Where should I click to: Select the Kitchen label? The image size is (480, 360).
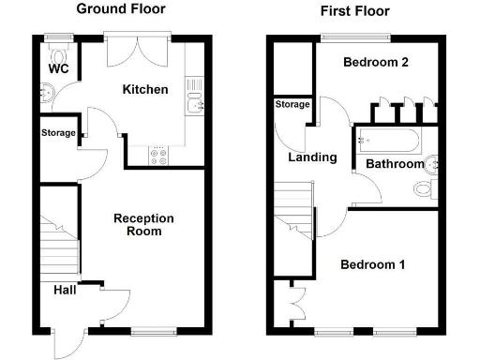145,90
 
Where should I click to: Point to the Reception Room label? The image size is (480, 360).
143,224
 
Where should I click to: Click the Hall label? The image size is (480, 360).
65,289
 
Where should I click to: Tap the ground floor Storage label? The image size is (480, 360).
58,133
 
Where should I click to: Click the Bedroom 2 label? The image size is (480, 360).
376,63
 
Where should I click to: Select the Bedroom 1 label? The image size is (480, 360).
372,264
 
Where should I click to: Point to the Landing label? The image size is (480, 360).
312,157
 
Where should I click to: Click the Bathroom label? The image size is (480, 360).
395,164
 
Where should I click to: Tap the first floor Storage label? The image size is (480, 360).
292,105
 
